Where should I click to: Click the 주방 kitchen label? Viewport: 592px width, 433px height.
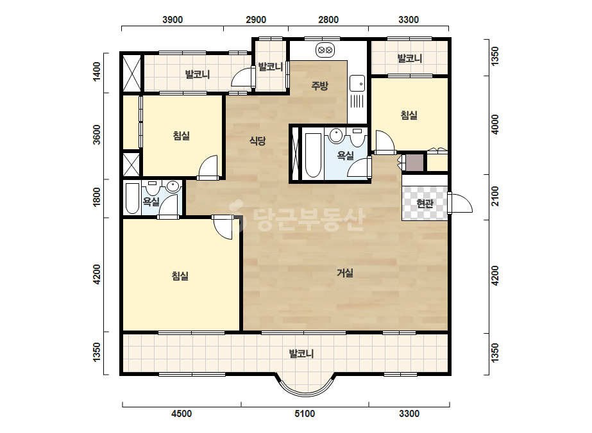click(x=319, y=86)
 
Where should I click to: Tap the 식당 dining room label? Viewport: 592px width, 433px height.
click(x=257, y=141)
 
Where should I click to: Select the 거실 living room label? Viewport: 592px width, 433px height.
click(x=344, y=273)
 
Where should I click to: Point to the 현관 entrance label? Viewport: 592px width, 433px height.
click(x=425, y=204)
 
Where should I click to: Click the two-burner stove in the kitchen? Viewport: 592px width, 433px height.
click(x=325, y=50)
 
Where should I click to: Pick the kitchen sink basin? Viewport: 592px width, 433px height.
click(x=357, y=83)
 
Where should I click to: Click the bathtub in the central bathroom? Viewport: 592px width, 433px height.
click(x=312, y=154)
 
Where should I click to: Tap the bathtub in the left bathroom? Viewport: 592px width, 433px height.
click(x=132, y=199)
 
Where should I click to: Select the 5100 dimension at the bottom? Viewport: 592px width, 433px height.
click(x=304, y=414)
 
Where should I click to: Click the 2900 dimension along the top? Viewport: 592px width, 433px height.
click(x=256, y=20)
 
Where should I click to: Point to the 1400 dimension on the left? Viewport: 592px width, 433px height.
click(x=97, y=71)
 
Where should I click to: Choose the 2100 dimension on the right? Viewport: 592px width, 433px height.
click(x=495, y=196)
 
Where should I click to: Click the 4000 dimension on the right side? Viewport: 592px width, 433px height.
click(x=495, y=124)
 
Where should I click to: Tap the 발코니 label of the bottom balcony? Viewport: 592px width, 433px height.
click(x=301, y=354)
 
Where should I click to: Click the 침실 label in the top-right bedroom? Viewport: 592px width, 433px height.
click(x=409, y=115)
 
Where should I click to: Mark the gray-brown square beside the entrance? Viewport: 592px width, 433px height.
click(x=414, y=163)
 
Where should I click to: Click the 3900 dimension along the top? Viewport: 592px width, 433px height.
click(x=173, y=20)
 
